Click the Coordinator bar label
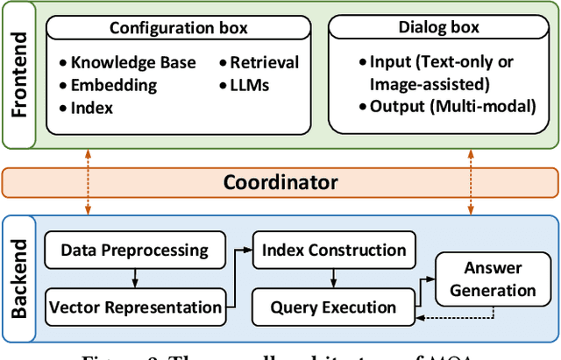tap(280, 182)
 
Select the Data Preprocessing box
tap(134, 250)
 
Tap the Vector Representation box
tap(135, 307)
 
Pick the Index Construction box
tap(334, 250)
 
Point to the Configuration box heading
tap(178, 27)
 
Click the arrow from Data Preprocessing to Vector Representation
tap(134, 279)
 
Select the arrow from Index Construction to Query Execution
tap(333, 279)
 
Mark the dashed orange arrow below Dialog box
tap(472, 182)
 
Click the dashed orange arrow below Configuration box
tap(88, 182)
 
